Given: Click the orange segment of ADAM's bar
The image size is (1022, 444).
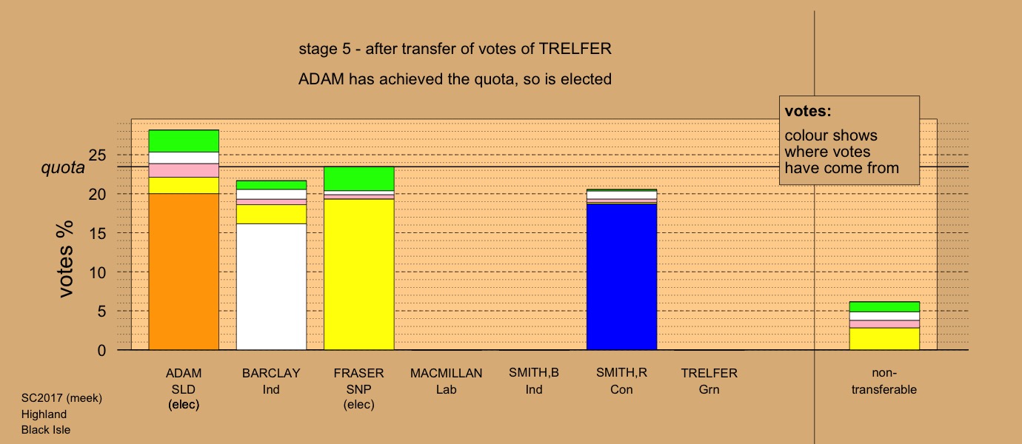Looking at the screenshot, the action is point(184,272).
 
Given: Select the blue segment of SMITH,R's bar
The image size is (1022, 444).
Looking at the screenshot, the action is point(621,277).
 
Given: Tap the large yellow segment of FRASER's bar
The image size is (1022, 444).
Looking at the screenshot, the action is point(359,275).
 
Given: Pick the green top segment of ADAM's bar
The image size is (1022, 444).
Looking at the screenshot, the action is point(184,141).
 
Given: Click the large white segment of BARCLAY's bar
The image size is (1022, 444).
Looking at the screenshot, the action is point(272,286).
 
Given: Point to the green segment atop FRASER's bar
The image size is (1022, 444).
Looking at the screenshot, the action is point(359,178).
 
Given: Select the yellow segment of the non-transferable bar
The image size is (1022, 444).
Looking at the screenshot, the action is point(884,339).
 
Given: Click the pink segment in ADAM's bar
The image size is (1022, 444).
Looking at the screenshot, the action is point(184,170).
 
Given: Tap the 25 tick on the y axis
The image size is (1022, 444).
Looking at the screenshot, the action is point(97,155).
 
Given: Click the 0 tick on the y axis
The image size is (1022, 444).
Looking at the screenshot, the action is point(101,351).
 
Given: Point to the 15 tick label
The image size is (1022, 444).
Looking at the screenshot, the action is point(97,234).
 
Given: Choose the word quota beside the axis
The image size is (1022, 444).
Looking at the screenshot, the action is point(63,168).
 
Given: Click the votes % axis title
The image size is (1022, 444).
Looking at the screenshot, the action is point(64,259).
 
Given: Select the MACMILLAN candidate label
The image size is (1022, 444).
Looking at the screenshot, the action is point(447,374).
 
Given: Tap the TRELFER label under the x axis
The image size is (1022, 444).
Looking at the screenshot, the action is point(709,374).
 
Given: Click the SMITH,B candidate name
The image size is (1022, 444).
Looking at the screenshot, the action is point(534,373).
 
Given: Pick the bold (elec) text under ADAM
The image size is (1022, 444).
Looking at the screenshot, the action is point(184,405).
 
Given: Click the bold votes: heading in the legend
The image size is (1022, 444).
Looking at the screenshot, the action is point(808,111).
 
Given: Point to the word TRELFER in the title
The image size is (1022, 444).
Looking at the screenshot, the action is point(575,49).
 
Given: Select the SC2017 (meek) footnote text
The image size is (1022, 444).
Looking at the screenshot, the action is point(61,398).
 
